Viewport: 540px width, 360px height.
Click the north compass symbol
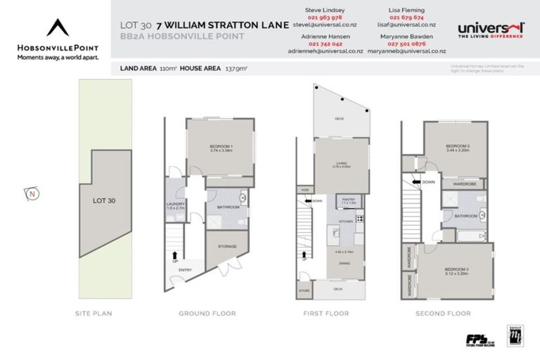[30, 193]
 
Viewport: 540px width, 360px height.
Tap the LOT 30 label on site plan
[103, 200]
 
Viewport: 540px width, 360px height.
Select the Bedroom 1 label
[221, 146]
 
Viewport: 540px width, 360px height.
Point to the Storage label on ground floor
[227, 246]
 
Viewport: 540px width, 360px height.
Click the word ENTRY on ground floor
[186, 269]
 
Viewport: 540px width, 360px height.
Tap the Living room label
[340, 164]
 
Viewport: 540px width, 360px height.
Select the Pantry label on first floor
[349, 200]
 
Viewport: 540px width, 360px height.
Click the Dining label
[345, 263]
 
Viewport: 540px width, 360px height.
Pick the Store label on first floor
[304, 289]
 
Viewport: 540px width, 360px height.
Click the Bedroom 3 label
[457, 269]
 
